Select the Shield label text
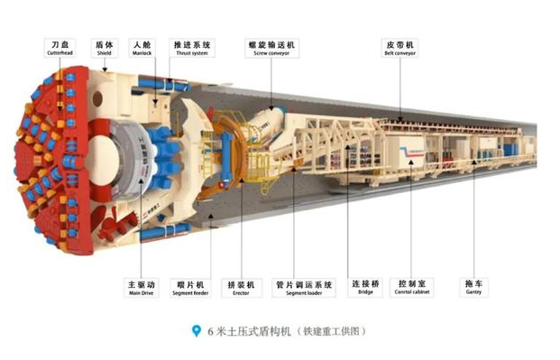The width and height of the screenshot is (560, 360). coord(105,47)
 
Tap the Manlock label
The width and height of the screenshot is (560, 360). coord(142,47)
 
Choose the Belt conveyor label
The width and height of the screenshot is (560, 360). coord(400,47)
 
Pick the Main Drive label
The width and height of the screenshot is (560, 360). coord(143,287)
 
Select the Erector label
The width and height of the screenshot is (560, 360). coord(241,287)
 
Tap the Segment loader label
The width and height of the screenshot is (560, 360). coord(304,287)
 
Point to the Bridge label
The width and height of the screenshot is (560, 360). coord(365,287)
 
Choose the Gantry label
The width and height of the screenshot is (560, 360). coord(473,287)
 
